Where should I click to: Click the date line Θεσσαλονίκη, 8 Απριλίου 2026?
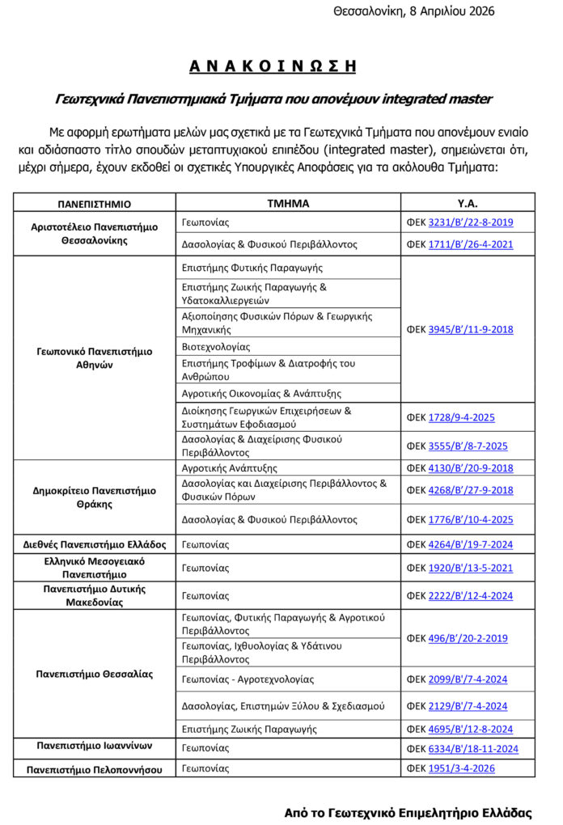click(413, 11)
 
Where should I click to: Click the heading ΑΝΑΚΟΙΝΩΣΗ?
click(273, 66)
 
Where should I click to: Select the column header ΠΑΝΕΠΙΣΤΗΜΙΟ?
click(94, 204)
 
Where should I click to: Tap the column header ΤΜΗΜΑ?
click(288, 203)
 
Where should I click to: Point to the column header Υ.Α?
click(468, 203)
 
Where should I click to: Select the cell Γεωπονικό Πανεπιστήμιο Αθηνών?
click(95, 358)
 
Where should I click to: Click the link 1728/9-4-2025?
click(461, 417)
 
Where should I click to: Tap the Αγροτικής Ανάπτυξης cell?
click(230, 468)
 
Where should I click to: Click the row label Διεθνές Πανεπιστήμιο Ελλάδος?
click(95, 544)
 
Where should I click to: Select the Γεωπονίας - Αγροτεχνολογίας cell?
click(248, 679)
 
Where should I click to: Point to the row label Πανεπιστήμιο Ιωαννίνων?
click(95, 746)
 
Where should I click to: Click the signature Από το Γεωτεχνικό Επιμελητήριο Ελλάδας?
click(408, 812)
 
